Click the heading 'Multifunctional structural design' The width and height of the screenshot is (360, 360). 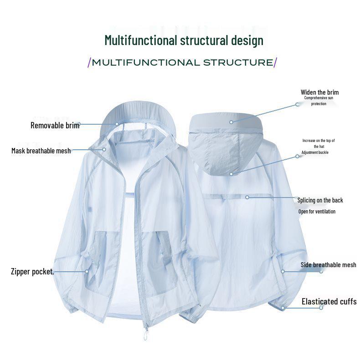[x=184, y=41]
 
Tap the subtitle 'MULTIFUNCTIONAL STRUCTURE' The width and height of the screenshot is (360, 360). [x=183, y=62]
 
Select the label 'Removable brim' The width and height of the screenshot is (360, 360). [x=55, y=125]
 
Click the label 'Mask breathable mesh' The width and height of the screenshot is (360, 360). [x=41, y=151]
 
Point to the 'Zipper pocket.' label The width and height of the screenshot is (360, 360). [x=32, y=272]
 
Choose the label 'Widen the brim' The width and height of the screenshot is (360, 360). [x=319, y=92]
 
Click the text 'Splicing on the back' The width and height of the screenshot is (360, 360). [x=320, y=200]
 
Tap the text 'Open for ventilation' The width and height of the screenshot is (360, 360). [x=317, y=212]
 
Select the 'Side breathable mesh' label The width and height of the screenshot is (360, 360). [x=328, y=265]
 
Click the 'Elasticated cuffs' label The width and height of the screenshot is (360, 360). [x=329, y=301]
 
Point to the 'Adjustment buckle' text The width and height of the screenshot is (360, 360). [x=315, y=152]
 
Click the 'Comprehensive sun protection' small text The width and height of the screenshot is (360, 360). [x=319, y=101]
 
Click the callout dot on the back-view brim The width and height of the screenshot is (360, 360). [x=231, y=122]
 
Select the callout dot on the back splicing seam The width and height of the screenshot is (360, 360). [x=247, y=197]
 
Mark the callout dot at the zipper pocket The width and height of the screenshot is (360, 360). [x=87, y=271]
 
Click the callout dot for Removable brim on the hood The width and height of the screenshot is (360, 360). [x=117, y=124]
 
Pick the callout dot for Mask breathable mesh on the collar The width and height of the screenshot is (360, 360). [x=104, y=149]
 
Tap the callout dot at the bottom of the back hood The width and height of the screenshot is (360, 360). [x=231, y=174]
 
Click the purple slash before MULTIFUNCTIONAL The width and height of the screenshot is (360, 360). [x=89, y=62]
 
